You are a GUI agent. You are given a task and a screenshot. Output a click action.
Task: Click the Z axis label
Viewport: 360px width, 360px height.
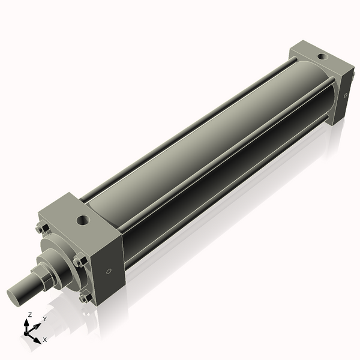click(x=30, y=314)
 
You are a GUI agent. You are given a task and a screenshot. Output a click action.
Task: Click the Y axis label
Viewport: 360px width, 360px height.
click(x=44, y=320)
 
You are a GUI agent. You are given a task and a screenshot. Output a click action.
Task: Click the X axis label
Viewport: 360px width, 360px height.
click(x=45, y=340)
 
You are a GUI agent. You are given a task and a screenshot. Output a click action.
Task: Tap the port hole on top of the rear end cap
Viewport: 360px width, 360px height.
click(x=322, y=58)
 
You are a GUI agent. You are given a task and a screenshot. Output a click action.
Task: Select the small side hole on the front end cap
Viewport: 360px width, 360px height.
click(x=108, y=271)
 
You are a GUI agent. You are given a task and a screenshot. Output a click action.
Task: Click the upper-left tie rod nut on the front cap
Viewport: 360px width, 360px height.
click(x=41, y=229)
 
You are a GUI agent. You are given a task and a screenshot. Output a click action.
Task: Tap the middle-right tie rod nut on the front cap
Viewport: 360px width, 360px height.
click(x=78, y=259)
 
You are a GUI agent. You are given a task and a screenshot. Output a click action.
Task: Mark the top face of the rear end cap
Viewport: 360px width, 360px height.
click(x=318, y=60)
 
